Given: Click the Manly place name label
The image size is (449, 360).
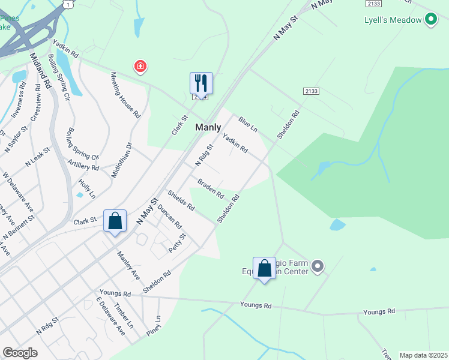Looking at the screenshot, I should click(x=208, y=127).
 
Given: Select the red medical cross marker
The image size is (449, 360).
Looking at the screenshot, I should click(x=140, y=66).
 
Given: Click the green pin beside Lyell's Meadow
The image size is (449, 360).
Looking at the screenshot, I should click(x=430, y=20).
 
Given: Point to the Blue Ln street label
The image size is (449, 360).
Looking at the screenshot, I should click(x=247, y=125).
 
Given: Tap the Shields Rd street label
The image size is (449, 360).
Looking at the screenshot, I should click(x=181, y=200).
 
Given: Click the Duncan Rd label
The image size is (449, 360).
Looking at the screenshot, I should click(x=170, y=217).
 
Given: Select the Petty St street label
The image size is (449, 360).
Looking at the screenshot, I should click(x=178, y=243).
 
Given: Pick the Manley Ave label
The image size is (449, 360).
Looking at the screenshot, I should click(x=128, y=266).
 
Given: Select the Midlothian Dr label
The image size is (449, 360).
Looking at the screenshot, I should click(x=121, y=159).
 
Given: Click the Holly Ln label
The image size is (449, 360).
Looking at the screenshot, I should click(x=87, y=187).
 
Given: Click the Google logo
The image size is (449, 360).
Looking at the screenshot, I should click(x=20, y=353).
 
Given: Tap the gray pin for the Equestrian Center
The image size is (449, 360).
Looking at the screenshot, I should click(x=318, y=265).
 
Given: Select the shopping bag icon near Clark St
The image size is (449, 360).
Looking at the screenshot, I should click(x=115, y=221).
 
